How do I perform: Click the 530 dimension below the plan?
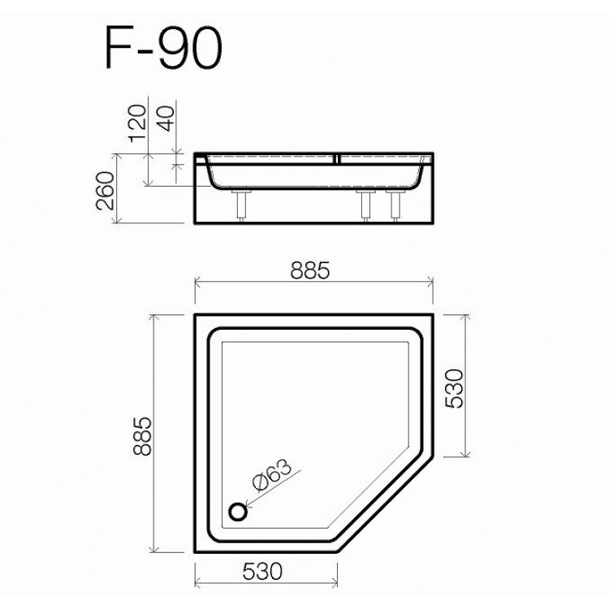[x=264, y=572]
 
